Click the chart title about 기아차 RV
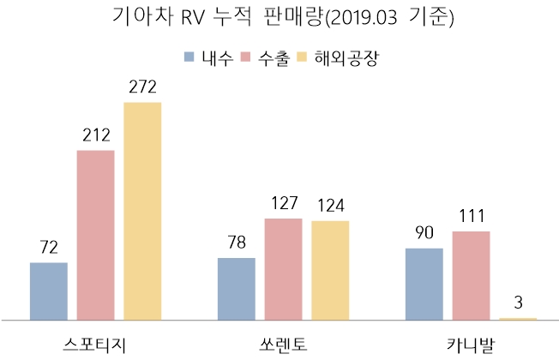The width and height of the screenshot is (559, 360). point(279,18)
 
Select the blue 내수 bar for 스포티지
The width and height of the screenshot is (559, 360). point(48,291)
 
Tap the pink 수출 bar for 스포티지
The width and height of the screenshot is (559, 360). point(95,235)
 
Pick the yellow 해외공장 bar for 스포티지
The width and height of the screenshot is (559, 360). point(142,211)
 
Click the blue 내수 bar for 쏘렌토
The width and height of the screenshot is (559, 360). point(237,289)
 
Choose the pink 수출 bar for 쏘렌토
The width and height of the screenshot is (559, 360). point(283,269)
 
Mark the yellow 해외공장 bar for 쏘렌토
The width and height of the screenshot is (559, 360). point(330,270)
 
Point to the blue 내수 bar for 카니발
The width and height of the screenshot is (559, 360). point(424,284)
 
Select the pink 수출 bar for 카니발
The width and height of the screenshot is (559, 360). point(471,275)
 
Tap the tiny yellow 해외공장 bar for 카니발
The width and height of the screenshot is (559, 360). point(518,318)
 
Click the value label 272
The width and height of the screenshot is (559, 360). point(142,87)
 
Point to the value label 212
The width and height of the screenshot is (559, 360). point(95,135)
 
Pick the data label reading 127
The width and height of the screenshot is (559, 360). point(283,204)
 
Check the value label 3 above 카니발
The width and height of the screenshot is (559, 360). point(518,303)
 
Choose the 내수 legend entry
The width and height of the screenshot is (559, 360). point(208,57)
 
